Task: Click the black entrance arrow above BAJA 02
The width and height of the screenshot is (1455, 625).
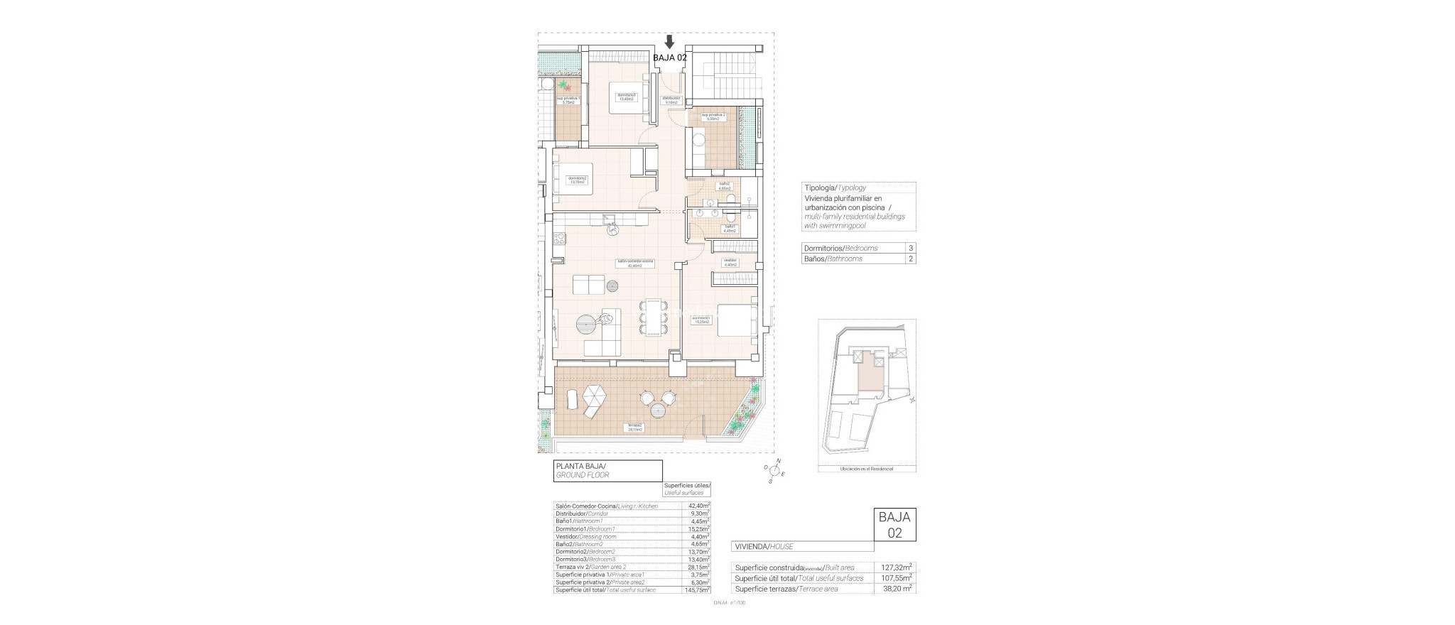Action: [x=669, y=42]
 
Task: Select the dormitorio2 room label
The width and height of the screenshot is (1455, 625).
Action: [x=576, y=180]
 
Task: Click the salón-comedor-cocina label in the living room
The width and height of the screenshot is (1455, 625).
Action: [x=635, y=263]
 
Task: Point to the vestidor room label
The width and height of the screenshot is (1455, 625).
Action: [x=729, y=261]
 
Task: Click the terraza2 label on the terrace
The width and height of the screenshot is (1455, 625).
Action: [x=634, y=428]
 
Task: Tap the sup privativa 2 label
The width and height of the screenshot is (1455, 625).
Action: [x=709, y=116]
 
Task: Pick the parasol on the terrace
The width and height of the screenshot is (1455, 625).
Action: [x=593, y=394]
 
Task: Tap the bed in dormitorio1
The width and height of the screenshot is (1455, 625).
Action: [x=738, y=321]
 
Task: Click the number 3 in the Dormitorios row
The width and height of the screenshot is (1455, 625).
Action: [x=910, y=249]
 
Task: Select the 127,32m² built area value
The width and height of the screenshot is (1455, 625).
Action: [x=894, y=567]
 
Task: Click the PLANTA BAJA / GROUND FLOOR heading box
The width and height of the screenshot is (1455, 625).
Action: [x=607, y=471]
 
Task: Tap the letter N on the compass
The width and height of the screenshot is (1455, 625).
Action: [x=778, y=462]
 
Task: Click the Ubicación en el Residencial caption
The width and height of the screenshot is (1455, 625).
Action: [x=866, y=469]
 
